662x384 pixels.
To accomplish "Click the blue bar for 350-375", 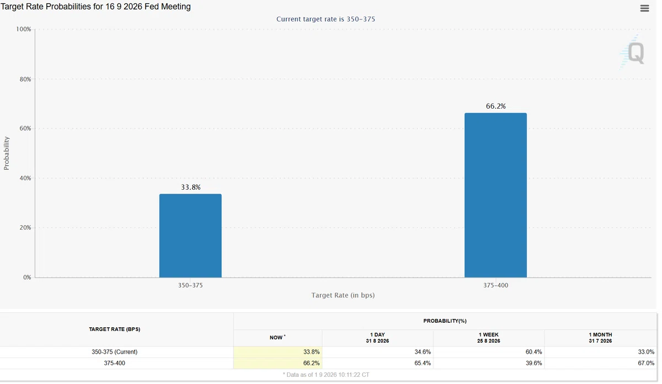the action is pyautogui.click(x=190, y=236).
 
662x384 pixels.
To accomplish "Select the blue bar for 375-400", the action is pyautogui.click(x=495, y=195).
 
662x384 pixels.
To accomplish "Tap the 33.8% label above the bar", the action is pyautogui.click(x=191, y=187).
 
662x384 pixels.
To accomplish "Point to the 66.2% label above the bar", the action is pyautogui.click(x=495, y=106).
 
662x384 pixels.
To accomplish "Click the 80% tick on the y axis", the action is pyautogui.click(x=25, y=79).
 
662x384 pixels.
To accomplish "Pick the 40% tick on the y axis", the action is pyautogui.click(x=25, y=178).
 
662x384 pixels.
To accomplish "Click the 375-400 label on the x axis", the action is pyautogui.click(x=495, y=286).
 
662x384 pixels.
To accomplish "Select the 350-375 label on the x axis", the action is pyautogui.click(x=190, y=286).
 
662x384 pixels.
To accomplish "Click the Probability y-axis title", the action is pyautogui.click(x=7, y=153).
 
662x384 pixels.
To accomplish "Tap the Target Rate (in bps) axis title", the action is pyautogui.click(x=343, y=295).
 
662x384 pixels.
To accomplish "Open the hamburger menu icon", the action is pyautogui.click(x=644, y=8).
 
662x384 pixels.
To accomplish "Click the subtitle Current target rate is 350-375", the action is pyautogui.click(x=325, y=19).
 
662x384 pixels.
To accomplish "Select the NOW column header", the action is pyautogui.click(x=277, y=338).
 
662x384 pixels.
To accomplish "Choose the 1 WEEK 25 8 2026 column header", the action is pyautogui.click(x=489, y=338).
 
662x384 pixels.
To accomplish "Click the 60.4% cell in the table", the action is pyautogui.click(x=533, y=352).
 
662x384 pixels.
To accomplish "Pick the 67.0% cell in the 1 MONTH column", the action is pyautogui.click(x=646, y=363).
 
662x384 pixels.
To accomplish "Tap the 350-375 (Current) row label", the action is pyautogui.click(x=114, y=352).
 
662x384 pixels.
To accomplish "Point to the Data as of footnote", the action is pyautogui.click(x=326, y=375).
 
